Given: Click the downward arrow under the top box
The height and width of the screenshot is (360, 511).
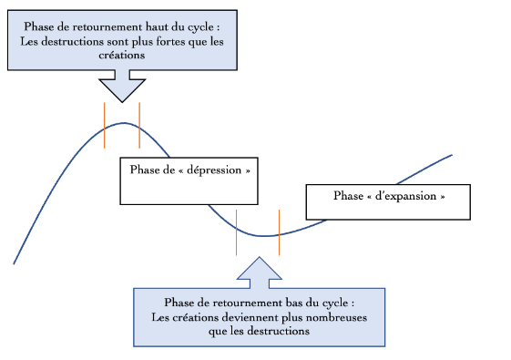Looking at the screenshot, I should pyautogui.click(x=121, y=87).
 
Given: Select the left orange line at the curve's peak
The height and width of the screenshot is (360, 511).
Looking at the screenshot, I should pyautogui.click(x=104, y=126).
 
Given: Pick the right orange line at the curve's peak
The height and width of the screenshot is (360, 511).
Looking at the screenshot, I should pyautogui.click(x=139, y=126).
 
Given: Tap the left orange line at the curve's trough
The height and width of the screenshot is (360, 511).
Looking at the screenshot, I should pyautogui.click(x=237, y=231).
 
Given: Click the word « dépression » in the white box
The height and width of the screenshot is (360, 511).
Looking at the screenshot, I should pyautogui.click(x=212, y=170).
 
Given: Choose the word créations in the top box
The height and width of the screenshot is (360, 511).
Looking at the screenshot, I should pyautogui.click(x=122, y=56).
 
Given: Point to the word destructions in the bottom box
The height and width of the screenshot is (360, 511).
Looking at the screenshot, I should pyautogui.click(x=279, y=331).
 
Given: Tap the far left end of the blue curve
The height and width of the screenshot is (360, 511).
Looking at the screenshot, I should pyautogui.click(x=14, y=263).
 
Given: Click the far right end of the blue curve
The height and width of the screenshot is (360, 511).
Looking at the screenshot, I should pyautogui.click(x=452, y=155).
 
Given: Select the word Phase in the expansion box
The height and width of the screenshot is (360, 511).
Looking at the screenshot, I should pyautogui.click(x=349, y=195).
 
